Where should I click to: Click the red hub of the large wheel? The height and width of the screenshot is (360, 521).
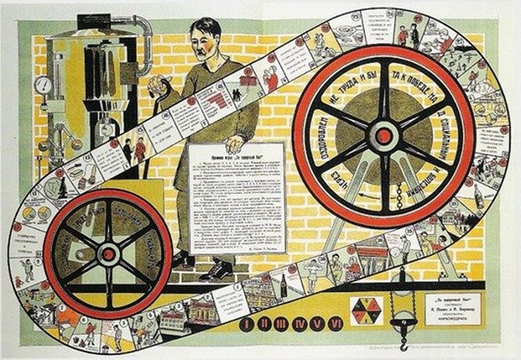[x=383, y=136]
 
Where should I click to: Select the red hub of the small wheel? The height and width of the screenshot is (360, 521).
[x=108, y=254]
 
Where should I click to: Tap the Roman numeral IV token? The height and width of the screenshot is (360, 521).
[x=292, y=323]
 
